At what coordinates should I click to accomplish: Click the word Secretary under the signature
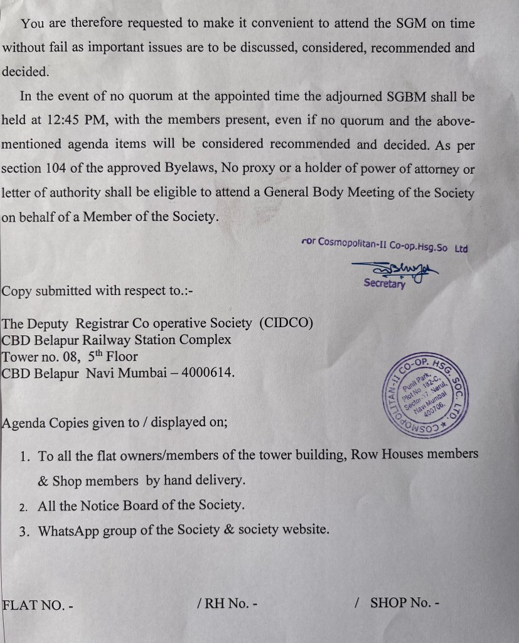click(384, 284)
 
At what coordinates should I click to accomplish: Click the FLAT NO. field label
click(38, 605)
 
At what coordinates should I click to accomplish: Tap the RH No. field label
click(227, 603)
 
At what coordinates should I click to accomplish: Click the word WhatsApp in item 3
click(68, 530)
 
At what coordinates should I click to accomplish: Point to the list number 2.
click(23, 505)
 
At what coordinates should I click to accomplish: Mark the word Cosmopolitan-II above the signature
click(352, 242)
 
